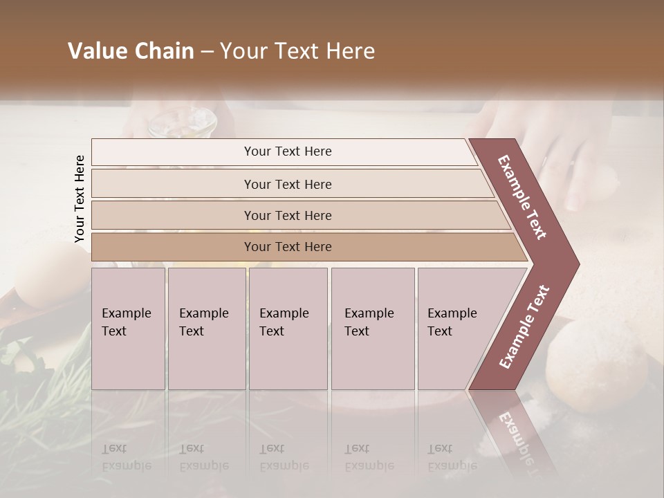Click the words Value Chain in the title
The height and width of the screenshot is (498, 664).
click(x=131, y=51)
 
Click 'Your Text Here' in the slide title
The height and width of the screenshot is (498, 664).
click(x=297, y=51)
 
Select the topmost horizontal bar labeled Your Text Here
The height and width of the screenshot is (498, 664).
click(x=287, y=151)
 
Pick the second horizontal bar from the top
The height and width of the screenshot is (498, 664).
click(x=287, y=184)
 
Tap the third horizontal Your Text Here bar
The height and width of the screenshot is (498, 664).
click(x=287, y=215)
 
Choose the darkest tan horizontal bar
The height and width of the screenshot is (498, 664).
click(x=287, y=247)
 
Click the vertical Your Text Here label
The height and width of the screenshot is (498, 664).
click(x=80, y=199)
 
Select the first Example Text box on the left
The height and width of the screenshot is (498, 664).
click(x=128, y=329)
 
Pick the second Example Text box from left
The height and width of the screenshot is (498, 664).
click(x=206, y=329)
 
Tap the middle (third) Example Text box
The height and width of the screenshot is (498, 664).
click(x=288, y=329)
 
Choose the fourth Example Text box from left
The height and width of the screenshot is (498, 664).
click(x=372, y=329)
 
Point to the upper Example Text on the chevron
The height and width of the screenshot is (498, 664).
click(x=522, y=197)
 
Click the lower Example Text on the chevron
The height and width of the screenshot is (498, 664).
click(x=524, y=326)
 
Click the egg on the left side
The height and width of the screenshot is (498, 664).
click(x=48, y=277)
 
